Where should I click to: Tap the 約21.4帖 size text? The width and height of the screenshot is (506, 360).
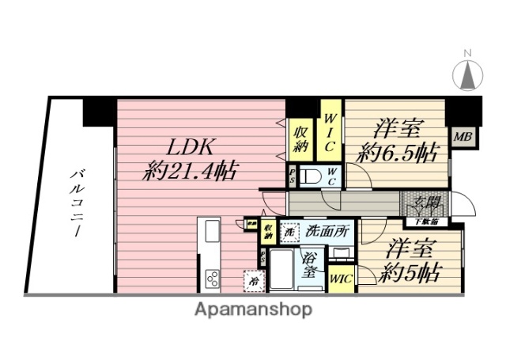(191, 170)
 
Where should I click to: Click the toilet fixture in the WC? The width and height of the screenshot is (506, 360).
(312, 176)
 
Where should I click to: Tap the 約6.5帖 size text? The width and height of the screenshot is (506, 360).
(397, 153)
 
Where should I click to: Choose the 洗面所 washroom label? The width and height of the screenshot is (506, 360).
(327, 232)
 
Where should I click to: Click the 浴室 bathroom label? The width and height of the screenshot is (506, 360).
(312, 263)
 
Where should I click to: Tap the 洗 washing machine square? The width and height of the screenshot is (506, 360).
(289, 233)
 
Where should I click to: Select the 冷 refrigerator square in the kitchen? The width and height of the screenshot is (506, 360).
(254, 281)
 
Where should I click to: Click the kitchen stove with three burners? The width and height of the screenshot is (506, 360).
(213, 278)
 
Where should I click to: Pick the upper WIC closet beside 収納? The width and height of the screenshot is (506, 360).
(331, 133)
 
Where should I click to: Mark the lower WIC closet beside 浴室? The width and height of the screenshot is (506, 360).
(342, 279)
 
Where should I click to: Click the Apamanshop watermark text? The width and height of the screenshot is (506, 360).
(253, 309)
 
